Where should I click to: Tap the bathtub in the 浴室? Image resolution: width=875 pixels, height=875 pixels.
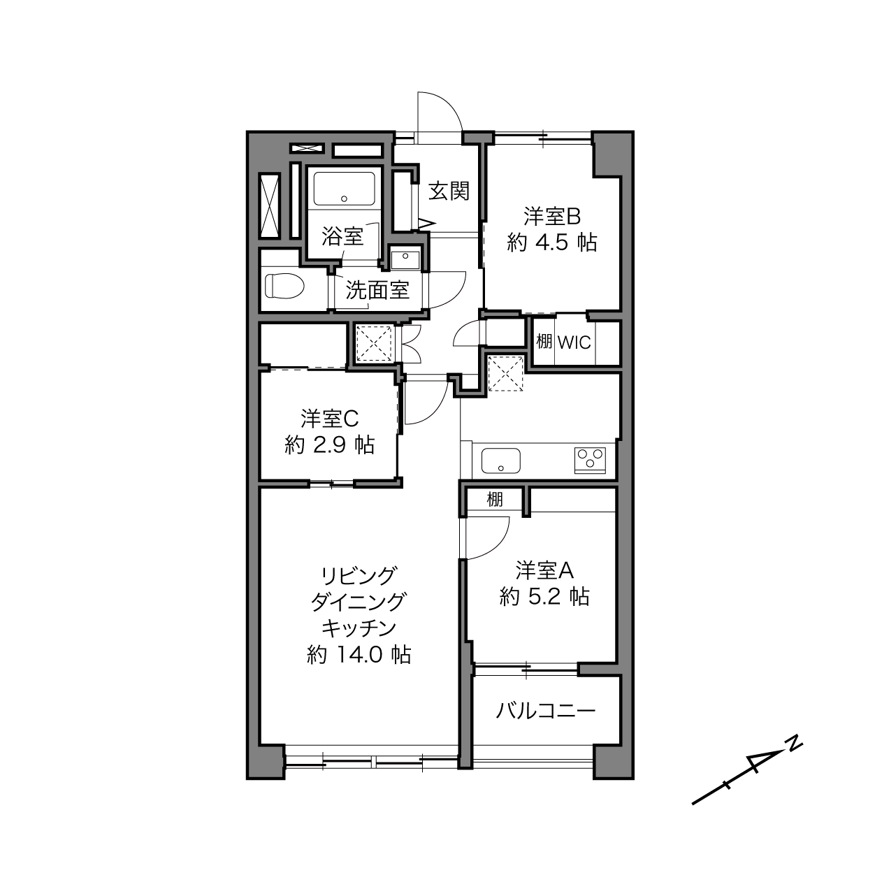click(344, 189)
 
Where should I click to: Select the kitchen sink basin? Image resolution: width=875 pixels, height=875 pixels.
click(501, 461)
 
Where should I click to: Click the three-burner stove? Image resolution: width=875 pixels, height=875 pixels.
click(590, 461)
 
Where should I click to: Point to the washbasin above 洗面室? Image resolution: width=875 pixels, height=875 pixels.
click(405, 260)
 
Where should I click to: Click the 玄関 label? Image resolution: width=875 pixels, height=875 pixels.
click(449, 191)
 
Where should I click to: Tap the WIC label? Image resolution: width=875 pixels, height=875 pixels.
click(574, 343)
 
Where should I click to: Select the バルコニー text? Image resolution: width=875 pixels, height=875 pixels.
click(545, 711)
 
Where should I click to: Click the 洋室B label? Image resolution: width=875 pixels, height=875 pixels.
click(552, 217)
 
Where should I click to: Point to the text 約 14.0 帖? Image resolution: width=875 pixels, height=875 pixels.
click(359, 655)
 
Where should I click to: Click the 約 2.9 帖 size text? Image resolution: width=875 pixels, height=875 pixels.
click(330, 445)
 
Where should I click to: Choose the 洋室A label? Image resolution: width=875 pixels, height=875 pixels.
click(544, 570)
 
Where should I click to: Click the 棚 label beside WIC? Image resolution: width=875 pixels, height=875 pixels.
click(544, 341)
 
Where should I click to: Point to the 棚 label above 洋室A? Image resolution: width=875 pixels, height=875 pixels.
click(495, 500)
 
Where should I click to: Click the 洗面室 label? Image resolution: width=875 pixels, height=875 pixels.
click(377, 290)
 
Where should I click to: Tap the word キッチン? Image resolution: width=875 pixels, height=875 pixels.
click(359, 628)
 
